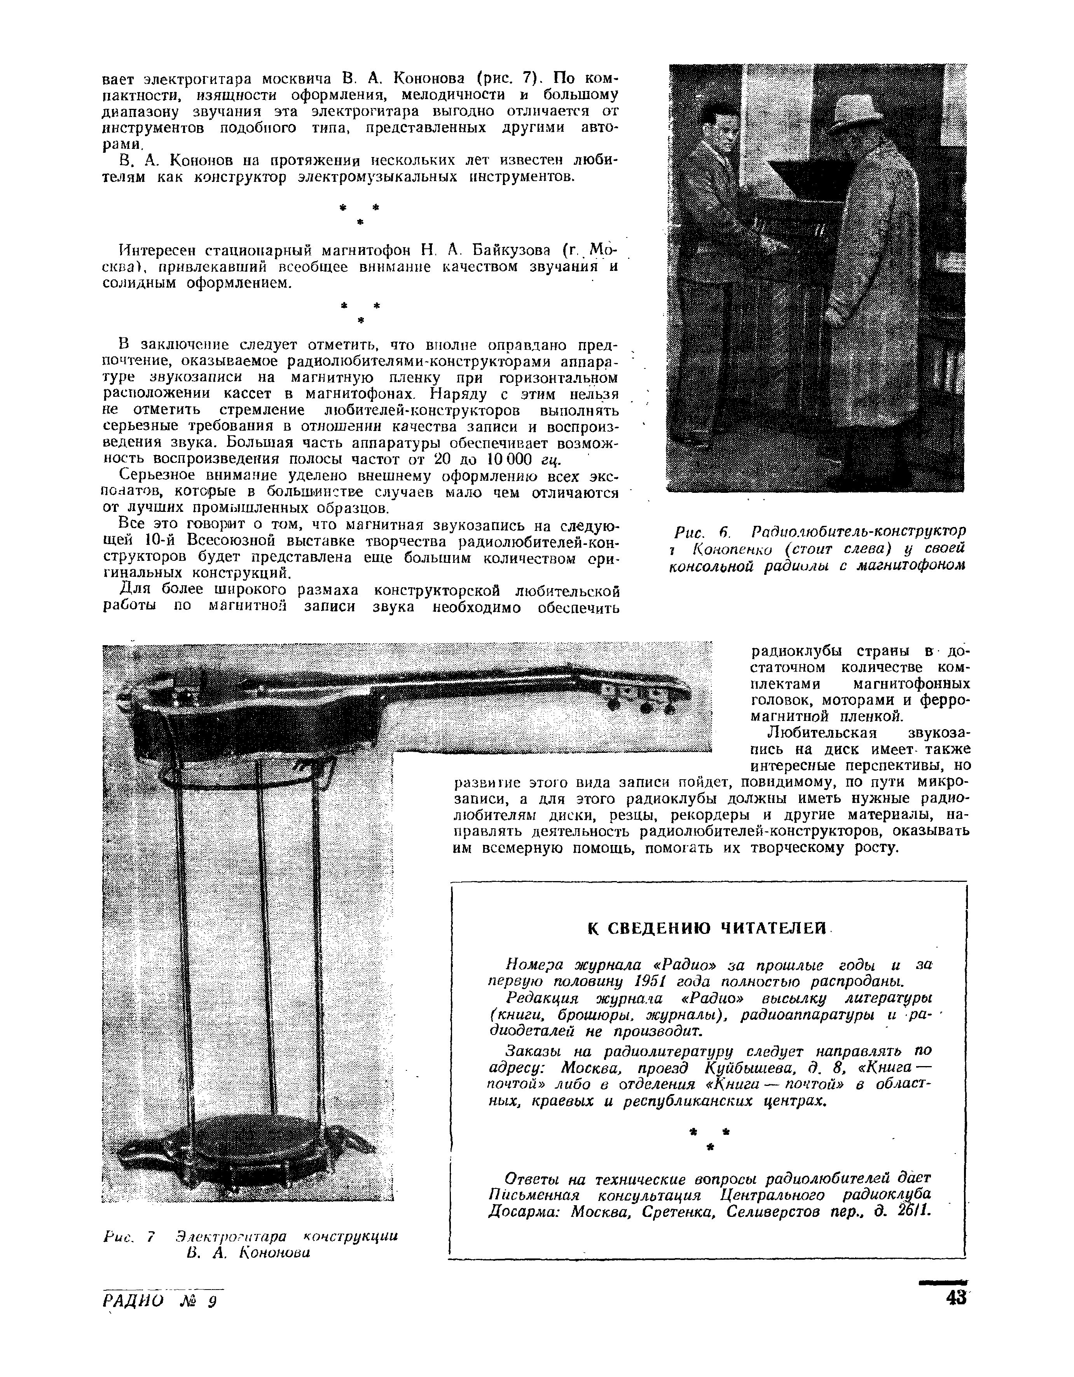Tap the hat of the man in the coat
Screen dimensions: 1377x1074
[x=856, y=112]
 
